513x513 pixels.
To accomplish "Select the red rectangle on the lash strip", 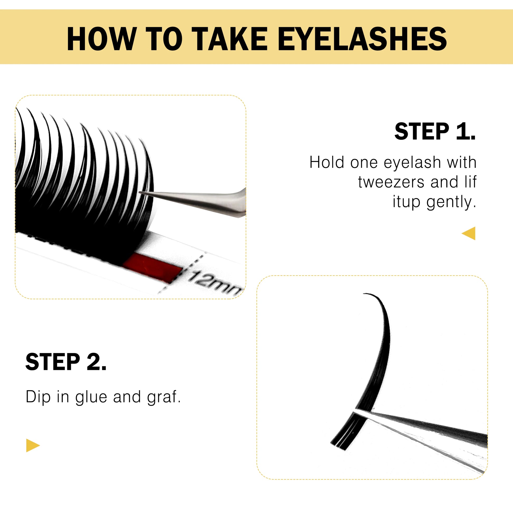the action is point(152,267).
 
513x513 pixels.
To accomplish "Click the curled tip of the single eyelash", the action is point(364,294).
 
